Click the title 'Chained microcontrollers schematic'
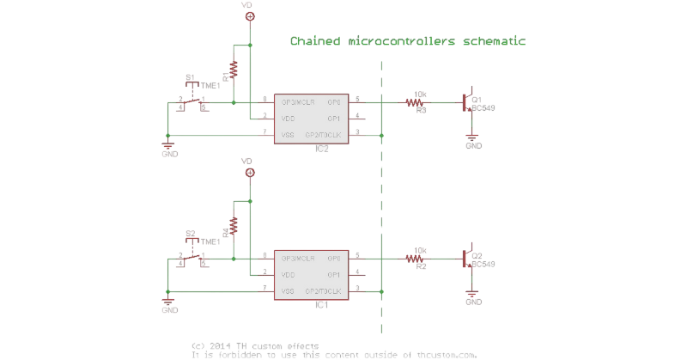408,40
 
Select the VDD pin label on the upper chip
289,118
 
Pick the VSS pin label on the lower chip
289,291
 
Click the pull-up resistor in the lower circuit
232,226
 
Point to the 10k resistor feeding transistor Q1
419,102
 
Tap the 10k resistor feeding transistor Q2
419,258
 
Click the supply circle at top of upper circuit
249,16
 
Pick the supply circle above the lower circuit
249,173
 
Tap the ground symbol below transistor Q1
471,137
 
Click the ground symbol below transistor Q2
471,294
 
